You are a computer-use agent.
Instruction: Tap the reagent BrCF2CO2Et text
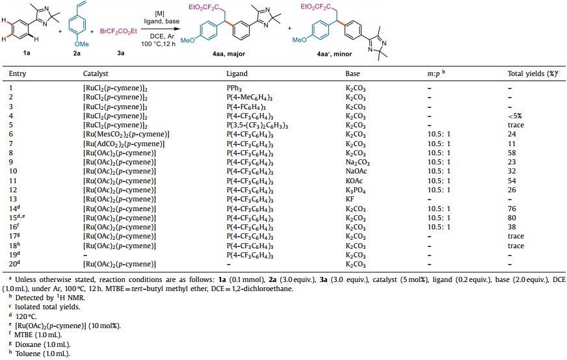pos(118,31)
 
